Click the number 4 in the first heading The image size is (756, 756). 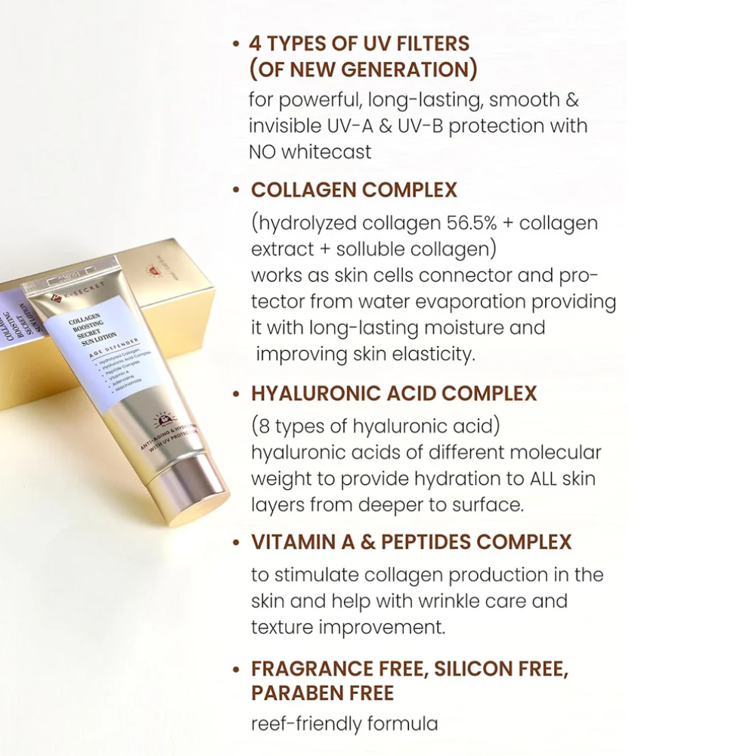[x=256, y=43]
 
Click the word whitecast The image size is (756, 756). [x=327, y=152]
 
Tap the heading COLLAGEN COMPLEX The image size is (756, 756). [x=354, y=190]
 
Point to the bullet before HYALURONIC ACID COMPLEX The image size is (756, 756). [x=237, y=394]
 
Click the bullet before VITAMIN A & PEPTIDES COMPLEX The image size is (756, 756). [x=237, y=543]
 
